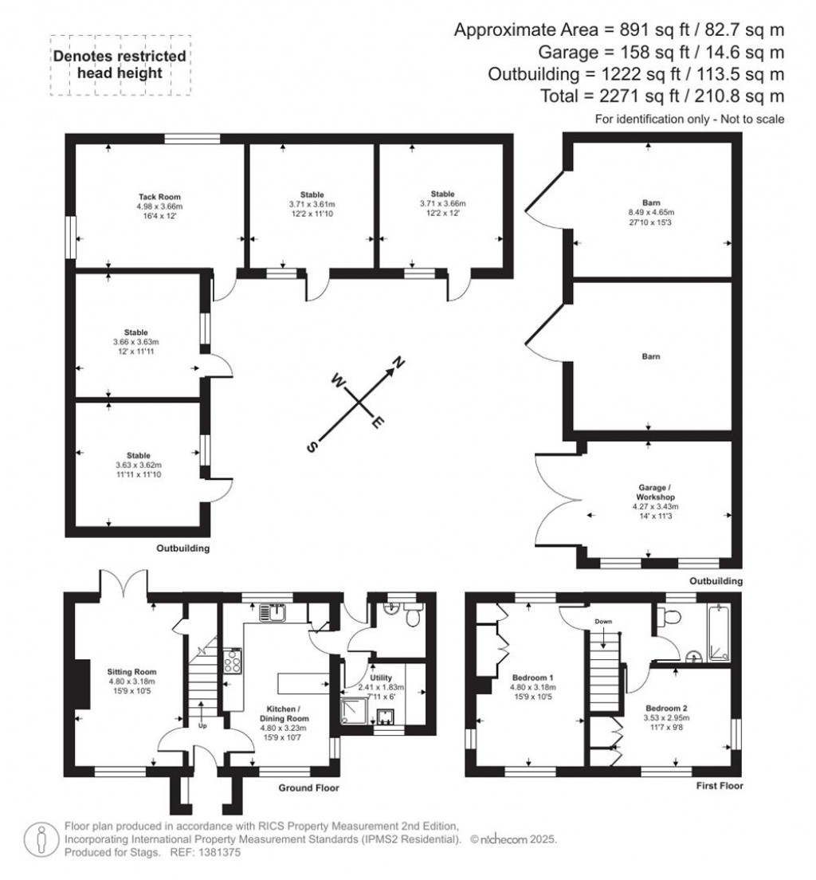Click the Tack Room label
click(x=159, y=196)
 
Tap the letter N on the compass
click(x=397, y=366)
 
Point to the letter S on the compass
click(x=312, y=447)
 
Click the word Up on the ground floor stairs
click(x=202, y=725)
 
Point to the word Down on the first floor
click(x=602, y=622)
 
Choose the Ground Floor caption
click(x=308, y=788)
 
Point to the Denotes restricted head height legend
click(x=120, y=65)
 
